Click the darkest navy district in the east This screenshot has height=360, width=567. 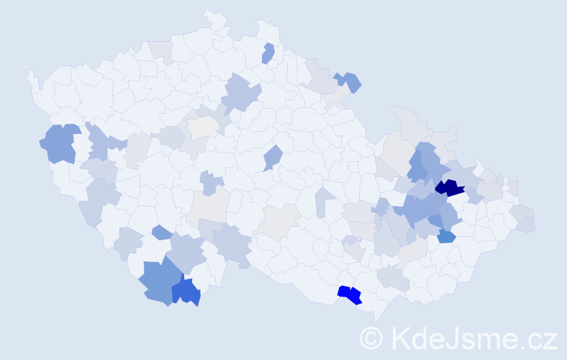point(450,189)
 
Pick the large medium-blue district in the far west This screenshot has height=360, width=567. point(60,143)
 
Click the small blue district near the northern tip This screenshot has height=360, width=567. point(268,53)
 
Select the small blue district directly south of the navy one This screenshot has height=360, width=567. point(446,236)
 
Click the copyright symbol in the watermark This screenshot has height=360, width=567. point(371,337)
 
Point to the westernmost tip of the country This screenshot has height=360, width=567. point(29,73)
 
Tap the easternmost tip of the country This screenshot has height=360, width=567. point(535,225)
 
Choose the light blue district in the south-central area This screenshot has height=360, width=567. point(232,242)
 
